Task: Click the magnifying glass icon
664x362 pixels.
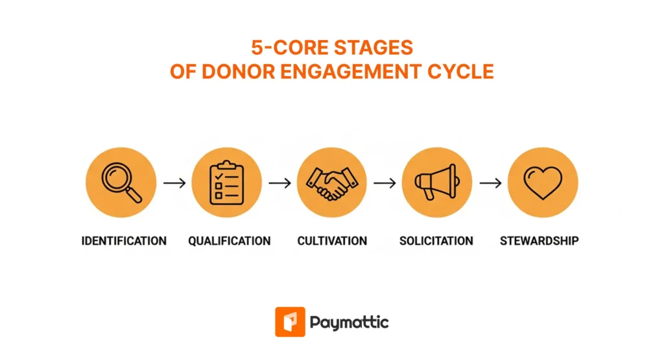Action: [x=121, y=183]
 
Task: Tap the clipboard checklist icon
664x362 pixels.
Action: [x=226, y=183]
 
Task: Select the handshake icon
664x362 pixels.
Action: [x=332, y=183]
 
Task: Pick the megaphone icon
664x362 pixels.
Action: [x=437, y=183]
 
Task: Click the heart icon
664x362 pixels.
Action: [x=543, y=183]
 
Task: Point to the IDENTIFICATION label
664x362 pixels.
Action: [x=124, y=241]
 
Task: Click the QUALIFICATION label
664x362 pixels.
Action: [x=230, y=241]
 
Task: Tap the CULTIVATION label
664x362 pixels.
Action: [x=332, y=241]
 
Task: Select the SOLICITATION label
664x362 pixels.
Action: [x=436, y=241]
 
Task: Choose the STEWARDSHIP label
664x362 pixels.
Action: [x=539, y=241]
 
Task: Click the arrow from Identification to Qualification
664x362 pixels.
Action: [x=174, y=183]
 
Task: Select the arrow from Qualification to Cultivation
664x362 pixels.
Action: [x=279, y=183]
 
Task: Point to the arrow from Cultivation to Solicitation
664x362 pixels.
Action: [x=385, y=183]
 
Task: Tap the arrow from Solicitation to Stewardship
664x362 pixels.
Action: [x=490, y=183]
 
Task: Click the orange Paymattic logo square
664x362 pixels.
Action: [x=290, y=322]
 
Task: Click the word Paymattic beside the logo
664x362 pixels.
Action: [x=350, y=322]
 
